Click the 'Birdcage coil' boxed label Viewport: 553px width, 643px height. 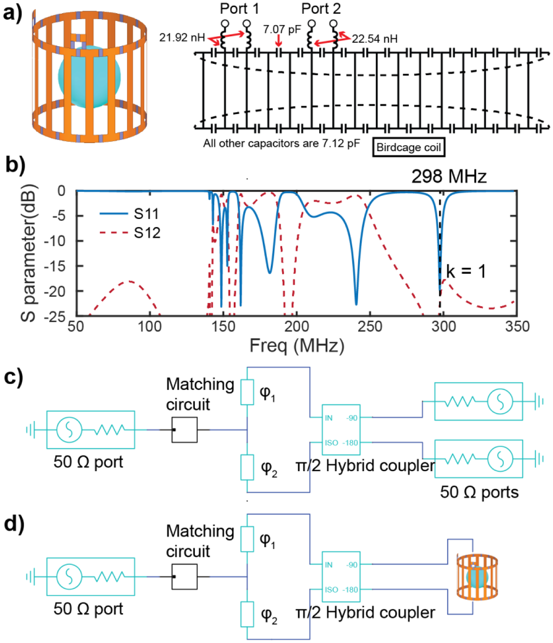(409, 147)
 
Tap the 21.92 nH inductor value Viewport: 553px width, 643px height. (182, 38)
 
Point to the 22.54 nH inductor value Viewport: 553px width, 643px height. (375, 39)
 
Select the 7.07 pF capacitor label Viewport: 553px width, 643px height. (282, 29)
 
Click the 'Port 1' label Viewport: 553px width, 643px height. (239, 9)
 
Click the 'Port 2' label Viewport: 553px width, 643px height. (321, 9)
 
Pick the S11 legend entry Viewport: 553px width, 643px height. (146, 214)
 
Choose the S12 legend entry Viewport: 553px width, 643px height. (147, 233)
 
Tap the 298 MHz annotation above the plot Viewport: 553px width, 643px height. (449, 176)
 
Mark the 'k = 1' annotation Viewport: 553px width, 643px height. (466, 271)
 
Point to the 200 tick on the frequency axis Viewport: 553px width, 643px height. (296, 326)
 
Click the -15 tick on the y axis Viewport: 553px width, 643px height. (56, 266)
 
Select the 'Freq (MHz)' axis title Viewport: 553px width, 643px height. (297, 346)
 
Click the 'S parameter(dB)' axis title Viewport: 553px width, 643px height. (28, 253)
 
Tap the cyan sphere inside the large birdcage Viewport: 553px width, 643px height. (89, 77)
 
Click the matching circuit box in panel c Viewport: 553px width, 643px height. (184, 430)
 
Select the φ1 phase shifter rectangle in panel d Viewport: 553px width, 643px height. (247, 539)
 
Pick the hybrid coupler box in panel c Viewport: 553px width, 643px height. (341, 430)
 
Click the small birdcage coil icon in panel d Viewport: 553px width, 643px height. (477, 577)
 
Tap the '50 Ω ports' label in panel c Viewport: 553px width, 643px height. (479, 492)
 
